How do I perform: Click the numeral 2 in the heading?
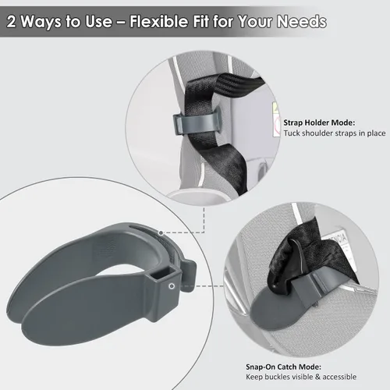[x=12, y=21]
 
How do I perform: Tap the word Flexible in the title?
[x=158, y=21]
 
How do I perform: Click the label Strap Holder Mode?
[x=319, y=122]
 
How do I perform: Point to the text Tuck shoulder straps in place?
[x=335, y=133]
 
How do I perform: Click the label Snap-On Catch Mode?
[x=283, y=367]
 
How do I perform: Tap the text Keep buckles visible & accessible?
[x=301, y=377]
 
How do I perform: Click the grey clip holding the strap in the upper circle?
[x=197, y=122]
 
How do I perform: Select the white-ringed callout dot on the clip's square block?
[x=172, y=286]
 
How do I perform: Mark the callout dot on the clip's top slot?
[x=161, y=232]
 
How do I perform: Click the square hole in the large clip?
[x=162, y=275]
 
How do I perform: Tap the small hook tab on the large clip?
[x=188, y=275]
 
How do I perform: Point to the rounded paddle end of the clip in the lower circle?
[x=271, y=314]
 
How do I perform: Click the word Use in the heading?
[x=99, y=21]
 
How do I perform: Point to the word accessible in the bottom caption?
[x=339, y=377]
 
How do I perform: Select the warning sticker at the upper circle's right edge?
[x=276, y=119]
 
